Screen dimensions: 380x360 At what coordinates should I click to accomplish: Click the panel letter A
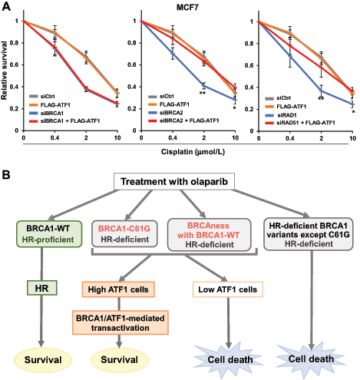(6, 6)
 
